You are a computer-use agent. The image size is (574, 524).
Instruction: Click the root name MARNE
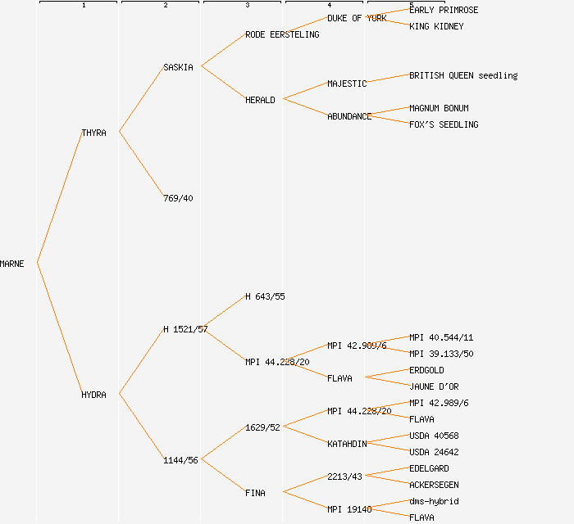[12, 264]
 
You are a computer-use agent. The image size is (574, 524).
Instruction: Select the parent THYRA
[93, 133]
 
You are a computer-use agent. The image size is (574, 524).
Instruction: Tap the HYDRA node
[93, 395]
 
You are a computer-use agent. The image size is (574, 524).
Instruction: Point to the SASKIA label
[178, 67]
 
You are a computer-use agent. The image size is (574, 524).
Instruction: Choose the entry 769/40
[178, 198]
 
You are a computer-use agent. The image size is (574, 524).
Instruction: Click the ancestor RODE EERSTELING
[282, 34]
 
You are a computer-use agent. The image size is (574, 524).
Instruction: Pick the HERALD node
[260, 100]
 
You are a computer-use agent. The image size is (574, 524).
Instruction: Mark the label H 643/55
[265, 296]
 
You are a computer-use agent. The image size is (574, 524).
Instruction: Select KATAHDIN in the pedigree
[347, 444]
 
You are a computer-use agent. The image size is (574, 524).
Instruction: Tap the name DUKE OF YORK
[357, 18]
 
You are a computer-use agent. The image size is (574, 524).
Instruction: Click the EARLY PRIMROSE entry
[444, 10]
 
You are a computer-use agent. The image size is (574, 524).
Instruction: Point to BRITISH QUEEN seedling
[463, 75]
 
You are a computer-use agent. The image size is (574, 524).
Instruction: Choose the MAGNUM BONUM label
[439, 108]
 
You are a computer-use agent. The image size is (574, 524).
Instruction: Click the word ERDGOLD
[426, 370]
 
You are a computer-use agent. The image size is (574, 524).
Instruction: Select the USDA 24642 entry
[434, 452]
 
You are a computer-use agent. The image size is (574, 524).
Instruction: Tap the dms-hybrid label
[434, 501]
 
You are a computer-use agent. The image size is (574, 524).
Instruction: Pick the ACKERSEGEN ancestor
[434, 485]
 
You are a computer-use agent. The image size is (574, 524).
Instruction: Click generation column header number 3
[247, 6]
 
